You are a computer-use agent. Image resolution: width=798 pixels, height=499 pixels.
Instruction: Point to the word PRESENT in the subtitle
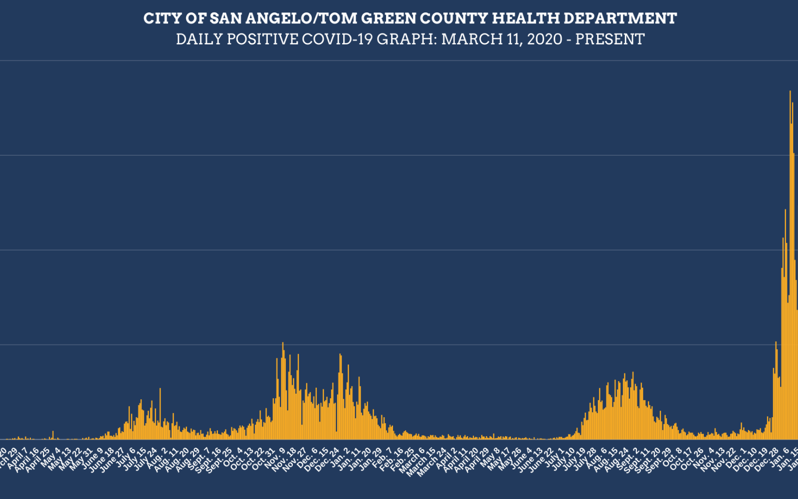click(x=610, y=39)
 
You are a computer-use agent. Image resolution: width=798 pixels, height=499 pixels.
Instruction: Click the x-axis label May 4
click(x=52, y=455)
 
